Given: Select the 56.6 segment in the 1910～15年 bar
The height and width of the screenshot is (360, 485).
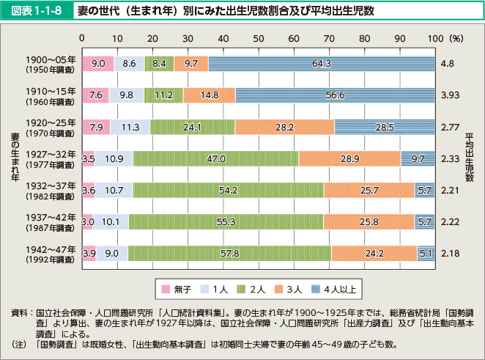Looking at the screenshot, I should (335, 95).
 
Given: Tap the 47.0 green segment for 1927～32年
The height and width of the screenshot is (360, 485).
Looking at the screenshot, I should (215, 158).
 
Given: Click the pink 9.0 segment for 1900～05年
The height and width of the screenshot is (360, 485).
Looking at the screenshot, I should (98, 64).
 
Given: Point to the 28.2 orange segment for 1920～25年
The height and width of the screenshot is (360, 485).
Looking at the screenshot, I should (284, 126).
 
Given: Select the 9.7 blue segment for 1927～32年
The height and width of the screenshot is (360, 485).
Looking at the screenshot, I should (418, 158).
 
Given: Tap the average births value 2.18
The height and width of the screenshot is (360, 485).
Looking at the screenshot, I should (451, 254).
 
